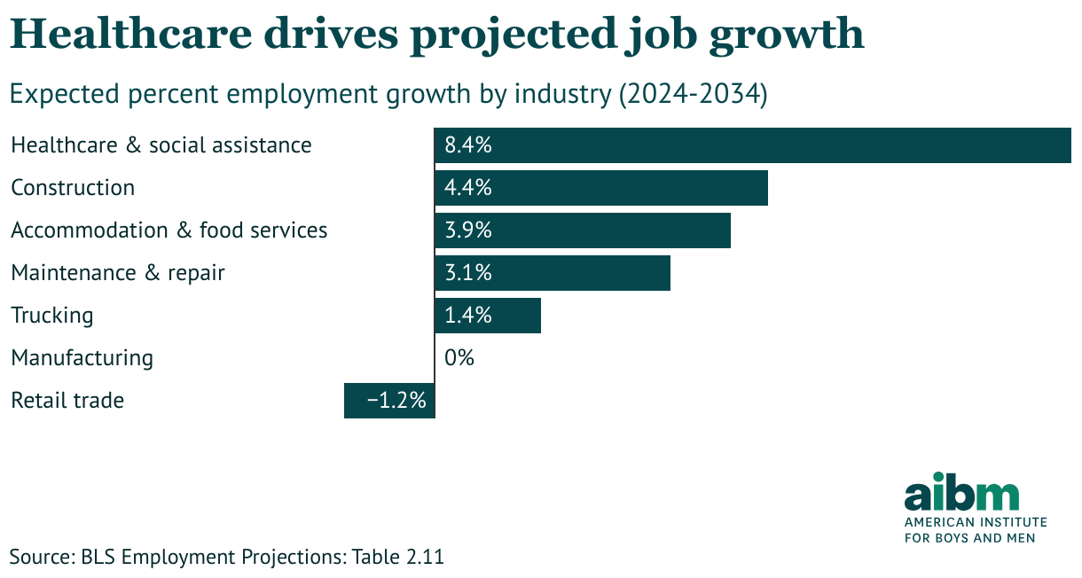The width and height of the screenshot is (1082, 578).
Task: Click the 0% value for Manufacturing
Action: coord(459,358)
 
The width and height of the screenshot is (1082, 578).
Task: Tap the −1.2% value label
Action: coord(396,401)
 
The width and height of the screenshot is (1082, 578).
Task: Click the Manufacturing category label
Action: coord(82,358)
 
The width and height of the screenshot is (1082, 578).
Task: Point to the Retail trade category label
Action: coord(67,401)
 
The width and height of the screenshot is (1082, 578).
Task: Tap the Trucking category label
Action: coord(51,316)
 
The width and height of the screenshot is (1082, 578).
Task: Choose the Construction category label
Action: coord(73,188)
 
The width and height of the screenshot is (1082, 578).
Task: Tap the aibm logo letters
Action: coord(961,493)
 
